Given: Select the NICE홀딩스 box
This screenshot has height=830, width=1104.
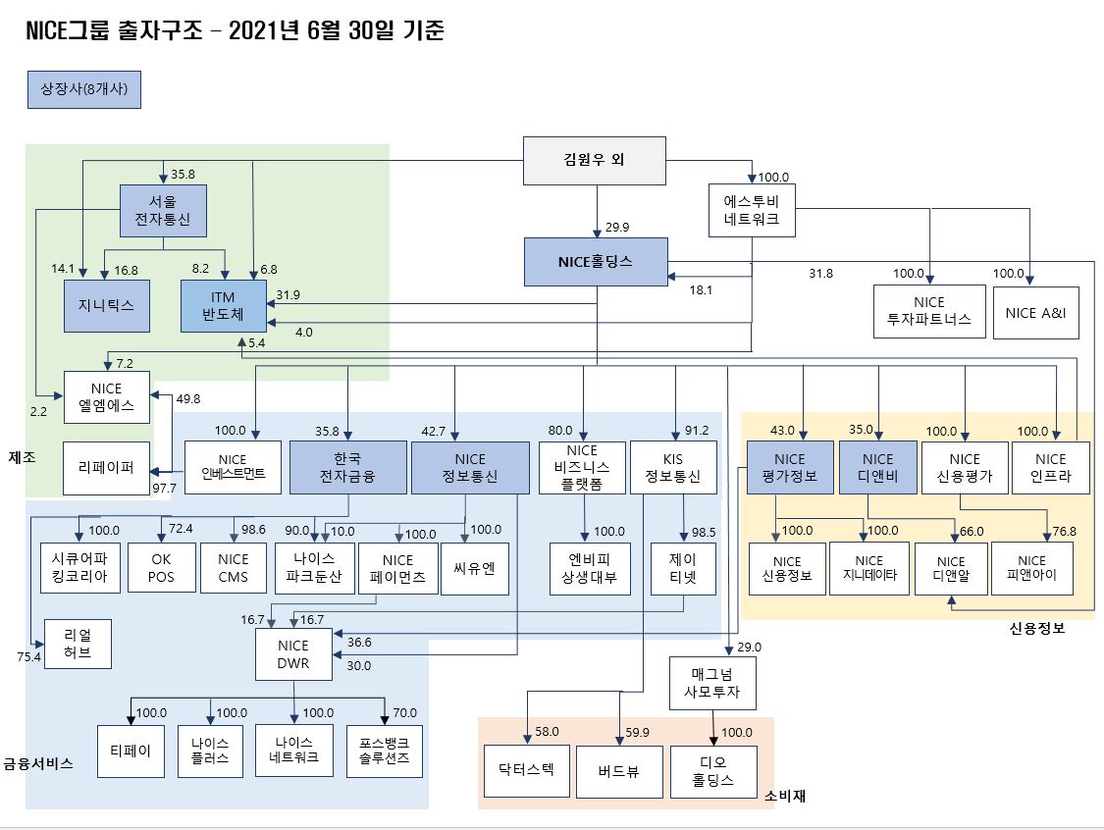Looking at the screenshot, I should [x=595, y=262].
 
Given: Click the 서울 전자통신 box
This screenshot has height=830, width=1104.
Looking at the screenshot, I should [x=163, y=211].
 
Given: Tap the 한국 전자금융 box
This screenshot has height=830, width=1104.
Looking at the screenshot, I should [x=347, y=467].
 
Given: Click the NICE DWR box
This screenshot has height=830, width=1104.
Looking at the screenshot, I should [x=292, y=654].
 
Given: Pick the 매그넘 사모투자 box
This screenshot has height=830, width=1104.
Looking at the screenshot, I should [x=712, y=684].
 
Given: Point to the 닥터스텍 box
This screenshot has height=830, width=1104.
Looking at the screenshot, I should [x=526, y=769].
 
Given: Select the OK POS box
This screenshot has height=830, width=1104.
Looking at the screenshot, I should [x=161, y=568].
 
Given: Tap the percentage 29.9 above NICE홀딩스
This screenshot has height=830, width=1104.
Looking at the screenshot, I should [x=617, y=228].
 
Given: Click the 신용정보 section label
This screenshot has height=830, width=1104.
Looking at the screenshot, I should [x=1036, y=629].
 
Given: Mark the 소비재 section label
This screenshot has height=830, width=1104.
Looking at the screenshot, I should [x=785, y=796].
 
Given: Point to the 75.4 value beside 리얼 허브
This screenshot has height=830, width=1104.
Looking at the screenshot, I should [x=29, y=657].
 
